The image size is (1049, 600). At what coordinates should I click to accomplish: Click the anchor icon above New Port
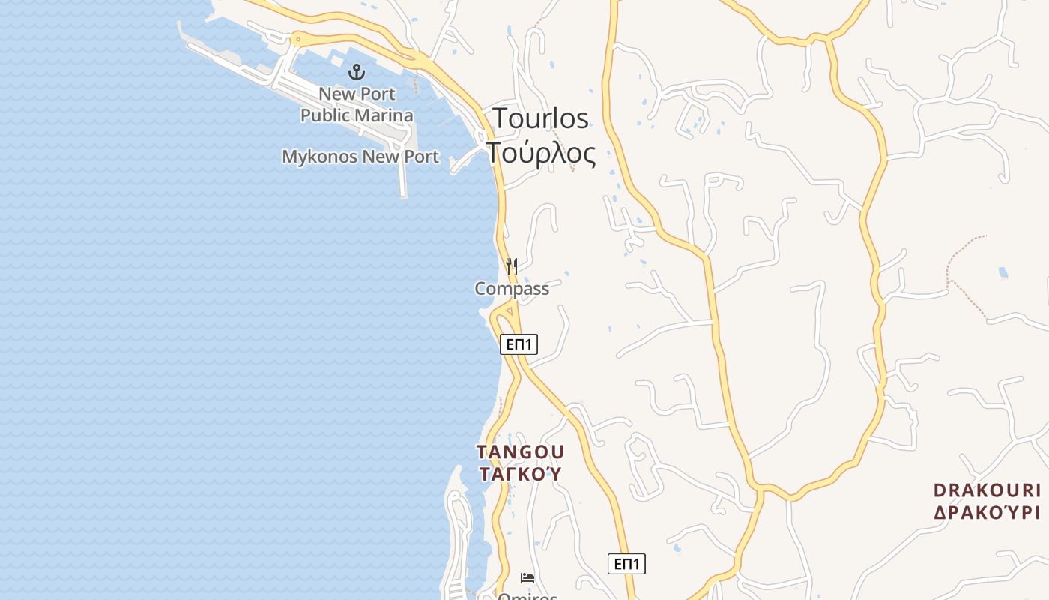[357, 72]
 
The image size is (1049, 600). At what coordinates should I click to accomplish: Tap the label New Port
[357, 94]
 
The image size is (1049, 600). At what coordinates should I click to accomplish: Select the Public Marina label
[357, 115]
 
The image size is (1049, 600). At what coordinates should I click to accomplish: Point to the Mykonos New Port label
[360, 157]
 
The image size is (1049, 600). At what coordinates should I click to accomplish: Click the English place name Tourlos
[540, 118]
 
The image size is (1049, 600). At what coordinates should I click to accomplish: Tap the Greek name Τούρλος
[541, 153]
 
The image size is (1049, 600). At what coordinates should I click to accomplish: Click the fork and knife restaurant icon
[512, 265]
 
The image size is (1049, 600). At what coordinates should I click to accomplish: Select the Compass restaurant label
[512, 289]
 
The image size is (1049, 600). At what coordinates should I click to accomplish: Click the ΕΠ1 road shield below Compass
[519, 344]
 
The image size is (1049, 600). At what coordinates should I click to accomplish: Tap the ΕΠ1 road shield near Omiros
[626, 564]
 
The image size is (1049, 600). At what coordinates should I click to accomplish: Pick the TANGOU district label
[521, 452]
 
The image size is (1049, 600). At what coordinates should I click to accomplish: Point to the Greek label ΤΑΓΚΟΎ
[519, 474]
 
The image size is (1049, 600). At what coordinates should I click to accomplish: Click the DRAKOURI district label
[987, 490]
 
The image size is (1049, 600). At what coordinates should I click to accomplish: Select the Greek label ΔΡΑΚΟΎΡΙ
[987, 513]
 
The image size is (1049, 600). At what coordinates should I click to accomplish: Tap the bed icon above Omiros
[527, 578]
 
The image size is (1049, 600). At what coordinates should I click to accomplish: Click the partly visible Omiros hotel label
[528, 596]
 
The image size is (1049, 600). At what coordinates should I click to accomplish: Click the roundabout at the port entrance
[298, 38]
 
